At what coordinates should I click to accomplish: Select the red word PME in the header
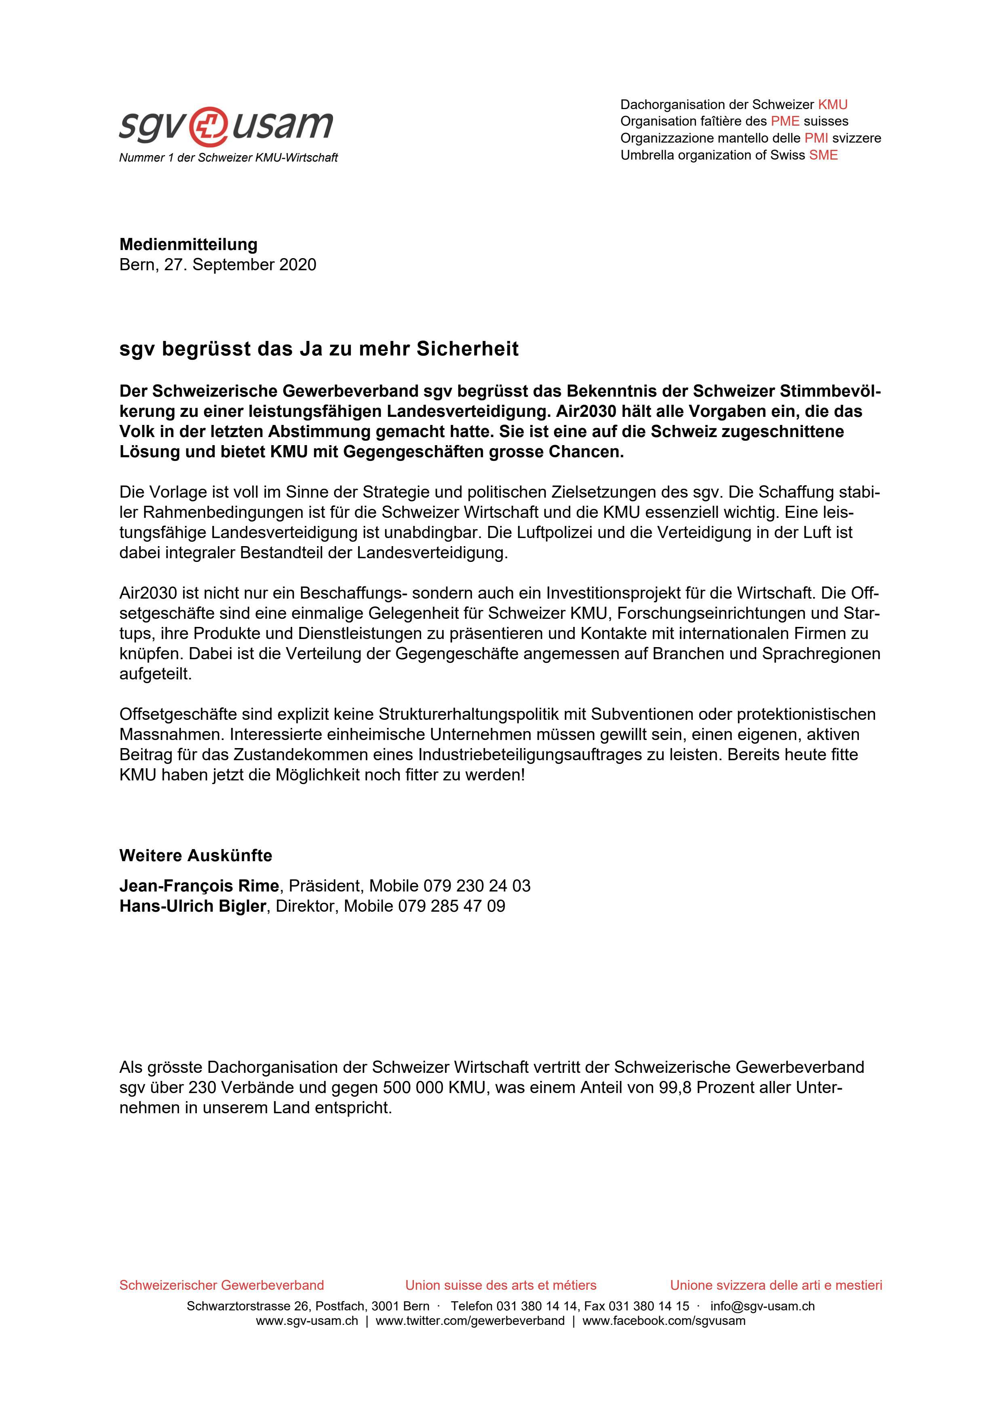point(785,121)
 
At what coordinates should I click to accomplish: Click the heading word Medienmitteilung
point(188,244)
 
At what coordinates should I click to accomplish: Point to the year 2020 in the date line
point(297,265)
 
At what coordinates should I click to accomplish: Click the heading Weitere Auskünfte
point(196,856)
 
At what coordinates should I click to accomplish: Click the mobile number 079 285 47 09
point(451,906)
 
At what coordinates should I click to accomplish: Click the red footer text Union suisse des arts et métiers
point(501,1285)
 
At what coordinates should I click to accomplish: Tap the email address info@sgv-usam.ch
point(762,1306)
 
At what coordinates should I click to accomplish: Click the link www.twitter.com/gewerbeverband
point(470,1321)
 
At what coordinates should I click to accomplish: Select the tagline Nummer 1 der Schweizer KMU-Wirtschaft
point(228,158)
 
